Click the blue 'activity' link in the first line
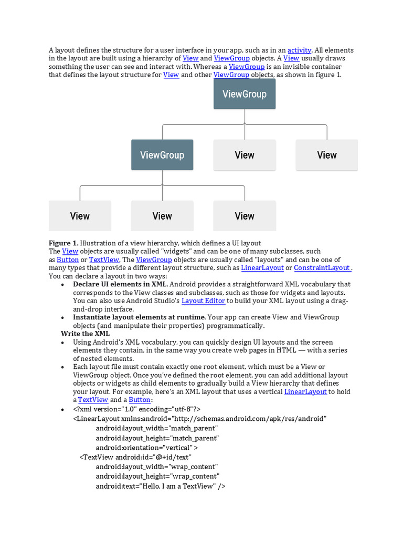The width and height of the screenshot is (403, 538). click(x=300, y=50)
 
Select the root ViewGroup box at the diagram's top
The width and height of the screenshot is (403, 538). click(x=245, y=94)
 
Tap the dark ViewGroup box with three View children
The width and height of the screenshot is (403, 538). click(x=162, y=155)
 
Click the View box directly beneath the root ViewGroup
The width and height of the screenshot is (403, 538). click(x=245, y=155)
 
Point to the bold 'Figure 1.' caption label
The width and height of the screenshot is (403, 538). click(x=63, y=243)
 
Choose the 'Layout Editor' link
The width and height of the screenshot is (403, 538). click(x=204, y=301)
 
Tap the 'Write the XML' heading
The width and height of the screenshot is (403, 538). click(x=86, y=334)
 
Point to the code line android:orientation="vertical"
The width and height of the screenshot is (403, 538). click(x=147, y=448)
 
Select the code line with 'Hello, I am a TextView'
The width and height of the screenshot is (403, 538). click(x=161, y=486)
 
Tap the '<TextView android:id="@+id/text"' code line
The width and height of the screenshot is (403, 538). click(x=135, y=457)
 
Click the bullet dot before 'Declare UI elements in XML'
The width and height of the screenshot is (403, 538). click(x=63, y=284)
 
